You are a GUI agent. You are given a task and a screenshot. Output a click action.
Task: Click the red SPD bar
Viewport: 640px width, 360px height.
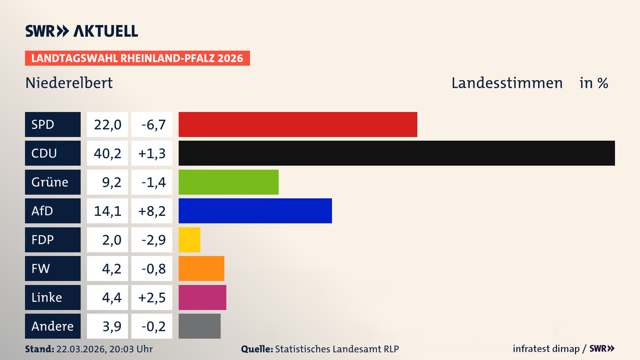pyautogui.click(x=298, y=124)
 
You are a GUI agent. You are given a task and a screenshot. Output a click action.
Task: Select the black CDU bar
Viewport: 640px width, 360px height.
pyautogui.click(x=397, y=153)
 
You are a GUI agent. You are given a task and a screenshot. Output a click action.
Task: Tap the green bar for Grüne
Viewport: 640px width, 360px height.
pyautogui.click(x=228, y=182)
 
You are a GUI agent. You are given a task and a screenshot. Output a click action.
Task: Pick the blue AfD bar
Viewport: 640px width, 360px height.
pyautogui.click(x=255, y=211)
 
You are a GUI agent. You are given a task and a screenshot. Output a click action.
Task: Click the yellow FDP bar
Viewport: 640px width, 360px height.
pyautogui.click(x=189, y=240)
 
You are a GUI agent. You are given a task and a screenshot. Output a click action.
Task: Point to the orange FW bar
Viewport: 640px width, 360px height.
pyautogui.click(x=201, y=268)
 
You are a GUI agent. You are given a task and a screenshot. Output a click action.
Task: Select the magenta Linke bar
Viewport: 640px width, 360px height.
pyautogui.click(x=202, y=297)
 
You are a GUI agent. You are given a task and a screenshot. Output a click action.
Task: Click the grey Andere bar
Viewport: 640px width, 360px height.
pyautogui.click(x=199, y=326)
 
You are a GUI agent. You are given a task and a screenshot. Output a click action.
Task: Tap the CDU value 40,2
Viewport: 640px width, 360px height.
pyautogui.click(x=107, y=153)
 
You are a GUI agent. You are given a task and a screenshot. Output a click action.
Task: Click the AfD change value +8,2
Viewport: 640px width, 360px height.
pyautogui.click(x=152, y=211)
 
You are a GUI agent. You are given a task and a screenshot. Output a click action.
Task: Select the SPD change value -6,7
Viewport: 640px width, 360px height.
pyautogui.click(x=153, y=125)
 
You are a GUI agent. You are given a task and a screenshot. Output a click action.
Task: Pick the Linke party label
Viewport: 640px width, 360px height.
pyautogui.click(x=47, y=297)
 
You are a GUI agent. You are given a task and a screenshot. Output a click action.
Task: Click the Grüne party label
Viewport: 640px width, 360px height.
pyautogui.click(x=50, y=182)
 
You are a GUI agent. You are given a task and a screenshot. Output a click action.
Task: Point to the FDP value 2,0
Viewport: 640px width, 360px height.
pyautogui.click(x=111, y=240)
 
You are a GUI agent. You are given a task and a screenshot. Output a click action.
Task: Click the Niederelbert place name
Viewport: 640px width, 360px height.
pyautogui.click(x=69, y=83)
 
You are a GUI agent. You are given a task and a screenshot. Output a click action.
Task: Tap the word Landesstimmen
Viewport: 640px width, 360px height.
pyautogui.click(x=507, y=83)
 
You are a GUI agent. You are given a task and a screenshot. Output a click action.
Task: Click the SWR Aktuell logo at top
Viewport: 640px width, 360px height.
pyautogui.click(x=82, y=31)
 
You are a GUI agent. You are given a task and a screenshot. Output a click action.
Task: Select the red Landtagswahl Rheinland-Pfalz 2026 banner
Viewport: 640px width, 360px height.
pyautogui.click(x=137, y=58)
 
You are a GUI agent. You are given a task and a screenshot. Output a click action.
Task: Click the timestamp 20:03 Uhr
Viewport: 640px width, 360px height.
pyautogui.click(x=131, y=349)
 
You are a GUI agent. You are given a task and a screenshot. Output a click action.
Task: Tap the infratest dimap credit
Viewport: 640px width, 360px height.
pyautogui.click(x=546, y=349)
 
